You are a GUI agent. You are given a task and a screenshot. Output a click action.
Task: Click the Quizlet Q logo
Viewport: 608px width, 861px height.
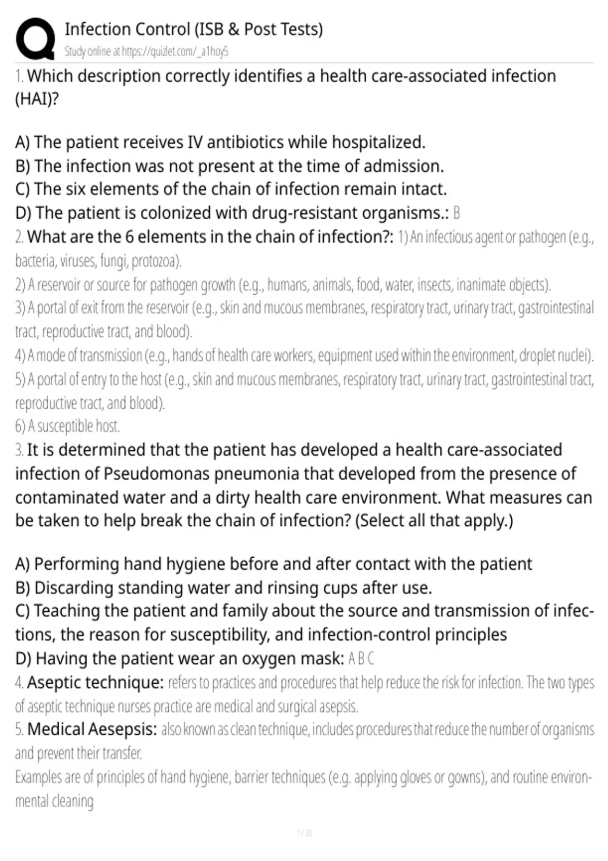(35, 38)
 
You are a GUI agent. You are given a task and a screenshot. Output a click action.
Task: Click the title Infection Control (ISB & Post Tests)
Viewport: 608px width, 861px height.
(194, 29)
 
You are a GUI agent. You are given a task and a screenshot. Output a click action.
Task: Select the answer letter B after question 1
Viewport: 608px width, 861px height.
(457, 213)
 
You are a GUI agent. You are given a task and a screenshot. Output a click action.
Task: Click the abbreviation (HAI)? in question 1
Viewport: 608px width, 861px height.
(36, 99)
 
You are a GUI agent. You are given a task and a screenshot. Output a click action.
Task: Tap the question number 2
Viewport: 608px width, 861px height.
(19, 237)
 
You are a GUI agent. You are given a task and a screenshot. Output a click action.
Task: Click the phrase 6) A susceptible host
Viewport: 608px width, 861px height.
(67, 426)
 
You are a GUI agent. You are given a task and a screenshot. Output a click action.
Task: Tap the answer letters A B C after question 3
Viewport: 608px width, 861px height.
(361, 658)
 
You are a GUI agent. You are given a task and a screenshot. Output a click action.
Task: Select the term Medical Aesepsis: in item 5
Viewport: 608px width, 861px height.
(92, 729)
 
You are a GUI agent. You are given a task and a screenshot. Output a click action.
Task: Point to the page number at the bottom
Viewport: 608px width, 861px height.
(304, 833)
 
